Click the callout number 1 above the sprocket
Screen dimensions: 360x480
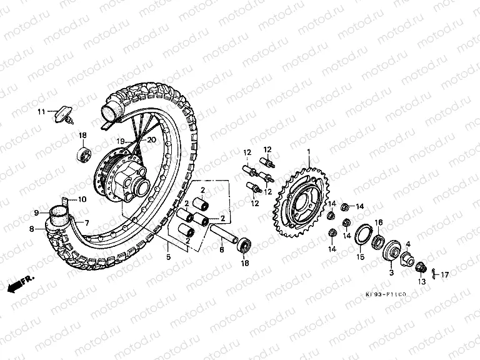click(308, 152)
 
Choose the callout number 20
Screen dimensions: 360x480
click(151, 141)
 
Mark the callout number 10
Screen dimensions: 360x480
click(82, 200)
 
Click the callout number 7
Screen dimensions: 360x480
click(87, 222)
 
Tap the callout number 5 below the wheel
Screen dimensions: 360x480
click(167, 256)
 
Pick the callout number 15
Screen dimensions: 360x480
click(360, 256)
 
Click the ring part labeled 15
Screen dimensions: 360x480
click(362, 236)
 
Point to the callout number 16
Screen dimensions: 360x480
click(378, 222)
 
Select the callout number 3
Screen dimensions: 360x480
click(392, 272)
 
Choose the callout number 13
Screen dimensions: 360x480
click(421, 281)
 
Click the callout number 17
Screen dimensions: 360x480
click(445, 275)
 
